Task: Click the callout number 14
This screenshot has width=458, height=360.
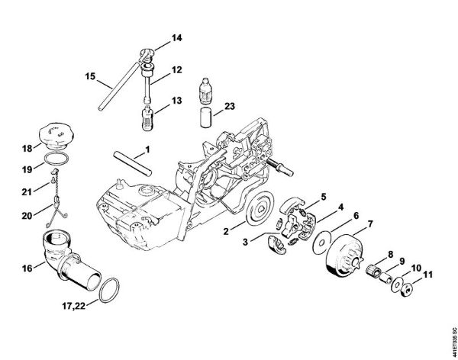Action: point(177,37)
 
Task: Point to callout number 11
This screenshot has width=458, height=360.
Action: point(428,275)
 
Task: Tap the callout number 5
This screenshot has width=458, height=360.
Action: point(323,196)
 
